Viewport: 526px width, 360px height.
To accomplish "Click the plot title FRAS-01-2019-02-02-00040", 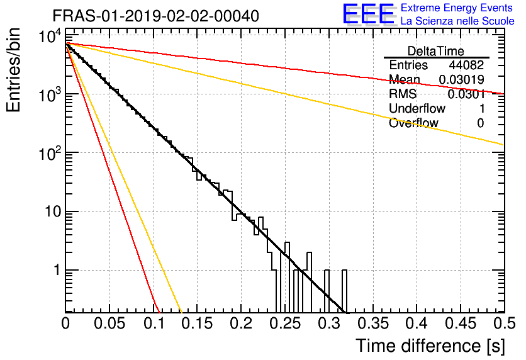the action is [155, 16].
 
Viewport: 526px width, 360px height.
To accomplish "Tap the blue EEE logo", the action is [369, 14].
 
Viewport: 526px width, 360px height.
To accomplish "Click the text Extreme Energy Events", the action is [457, 8].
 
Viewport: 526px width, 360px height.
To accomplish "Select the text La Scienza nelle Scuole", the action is [457, 21].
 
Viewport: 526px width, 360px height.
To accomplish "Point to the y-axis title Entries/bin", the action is [13, 70].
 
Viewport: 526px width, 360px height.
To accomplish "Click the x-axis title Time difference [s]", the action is [430, 346].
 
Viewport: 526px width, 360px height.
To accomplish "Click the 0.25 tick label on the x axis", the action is [286, 323].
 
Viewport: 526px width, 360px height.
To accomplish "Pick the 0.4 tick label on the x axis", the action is [417, 323].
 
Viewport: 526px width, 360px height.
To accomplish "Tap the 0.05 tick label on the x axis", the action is [109, 323].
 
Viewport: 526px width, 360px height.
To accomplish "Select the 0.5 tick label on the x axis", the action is [505, 323].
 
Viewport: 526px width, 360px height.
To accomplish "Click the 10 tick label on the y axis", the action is [53, 211].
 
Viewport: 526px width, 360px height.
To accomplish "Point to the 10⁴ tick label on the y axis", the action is [50, 36].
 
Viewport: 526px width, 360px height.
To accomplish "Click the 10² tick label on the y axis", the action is [50, 154].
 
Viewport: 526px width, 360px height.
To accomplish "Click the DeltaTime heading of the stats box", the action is [436, 51].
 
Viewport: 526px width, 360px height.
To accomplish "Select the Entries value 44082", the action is [467, 65].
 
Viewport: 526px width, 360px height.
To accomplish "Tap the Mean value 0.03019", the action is [462, 79].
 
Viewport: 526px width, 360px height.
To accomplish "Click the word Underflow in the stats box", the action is [417, 108].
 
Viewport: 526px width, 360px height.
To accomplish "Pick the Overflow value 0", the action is [481, 123].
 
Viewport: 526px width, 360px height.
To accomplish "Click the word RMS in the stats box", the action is [403, 94].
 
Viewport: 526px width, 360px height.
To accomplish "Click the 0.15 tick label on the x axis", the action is [198, 323].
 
